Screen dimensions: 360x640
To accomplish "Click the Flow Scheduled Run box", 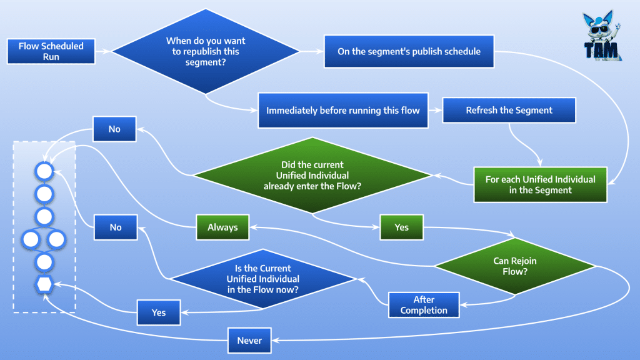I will click(51, 51).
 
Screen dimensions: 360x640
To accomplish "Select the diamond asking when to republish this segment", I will click(206, 51).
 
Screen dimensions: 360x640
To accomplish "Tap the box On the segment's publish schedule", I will click(409, 51).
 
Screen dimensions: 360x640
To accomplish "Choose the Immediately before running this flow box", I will click(343, 111).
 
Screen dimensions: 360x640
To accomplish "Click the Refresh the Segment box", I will click(509, 111).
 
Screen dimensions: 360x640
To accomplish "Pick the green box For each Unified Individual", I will click(540, 184).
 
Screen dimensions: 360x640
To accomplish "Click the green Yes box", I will click(401, 227).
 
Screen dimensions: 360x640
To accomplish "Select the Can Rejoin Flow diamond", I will click(515, 266).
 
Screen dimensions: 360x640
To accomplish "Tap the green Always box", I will click(222, 227).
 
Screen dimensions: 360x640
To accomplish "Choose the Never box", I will click(249, 341).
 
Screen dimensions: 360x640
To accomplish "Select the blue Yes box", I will click(159, 312).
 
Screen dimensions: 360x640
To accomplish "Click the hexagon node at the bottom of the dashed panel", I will click(44, 284).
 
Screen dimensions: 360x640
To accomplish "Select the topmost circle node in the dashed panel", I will click(44, 171).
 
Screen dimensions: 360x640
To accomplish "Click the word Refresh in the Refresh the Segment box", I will click(482, 111).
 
